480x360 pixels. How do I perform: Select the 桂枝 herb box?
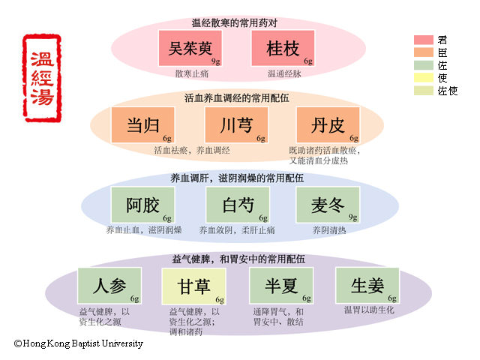283,49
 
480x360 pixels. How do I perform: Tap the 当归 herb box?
143,124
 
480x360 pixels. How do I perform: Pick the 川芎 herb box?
236,124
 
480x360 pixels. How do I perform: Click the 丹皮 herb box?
328,124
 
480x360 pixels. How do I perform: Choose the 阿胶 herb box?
143,205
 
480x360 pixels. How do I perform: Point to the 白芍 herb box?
238,205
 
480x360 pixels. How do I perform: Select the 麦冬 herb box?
328,205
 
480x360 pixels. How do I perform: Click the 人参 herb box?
109,286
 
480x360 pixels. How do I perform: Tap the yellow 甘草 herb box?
193,286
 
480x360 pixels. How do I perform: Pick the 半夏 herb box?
280,286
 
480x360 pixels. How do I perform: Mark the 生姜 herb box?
367,286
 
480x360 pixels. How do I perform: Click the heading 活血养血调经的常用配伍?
237,97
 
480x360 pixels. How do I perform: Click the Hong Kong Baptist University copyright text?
79,343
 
